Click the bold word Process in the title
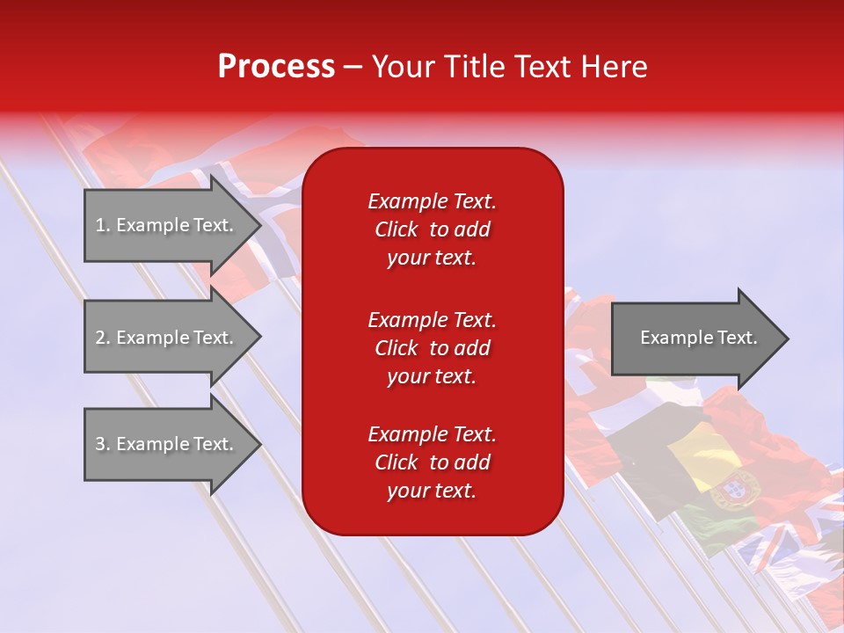276,67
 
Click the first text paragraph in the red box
432,229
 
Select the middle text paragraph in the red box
432,348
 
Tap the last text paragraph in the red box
432,462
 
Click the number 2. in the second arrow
103,338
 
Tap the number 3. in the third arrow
103,444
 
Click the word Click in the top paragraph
397,229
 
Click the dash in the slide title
353,67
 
